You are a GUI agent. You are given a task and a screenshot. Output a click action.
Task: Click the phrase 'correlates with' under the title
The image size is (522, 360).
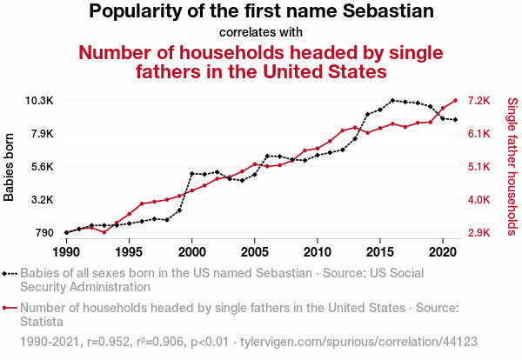(261, 32)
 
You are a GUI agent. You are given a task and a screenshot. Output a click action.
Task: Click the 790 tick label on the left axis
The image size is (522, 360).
(43, 233)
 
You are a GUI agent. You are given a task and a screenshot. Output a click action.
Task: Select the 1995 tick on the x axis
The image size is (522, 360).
(129, 252)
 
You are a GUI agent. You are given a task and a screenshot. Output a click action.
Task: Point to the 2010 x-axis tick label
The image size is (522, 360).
(318, 252)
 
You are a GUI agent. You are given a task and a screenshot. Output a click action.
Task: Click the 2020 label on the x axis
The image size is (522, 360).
(443, 252)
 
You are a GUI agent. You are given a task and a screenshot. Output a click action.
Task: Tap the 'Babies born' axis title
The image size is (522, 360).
(10, 167)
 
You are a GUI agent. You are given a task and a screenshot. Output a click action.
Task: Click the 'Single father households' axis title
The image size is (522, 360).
(512, 165)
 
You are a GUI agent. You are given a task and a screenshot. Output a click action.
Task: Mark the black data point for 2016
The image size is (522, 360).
(392, 101)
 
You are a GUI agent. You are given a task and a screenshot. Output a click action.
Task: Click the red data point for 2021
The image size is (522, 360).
(455, 100)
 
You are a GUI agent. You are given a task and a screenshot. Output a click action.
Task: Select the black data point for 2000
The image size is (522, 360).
(191, 174)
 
